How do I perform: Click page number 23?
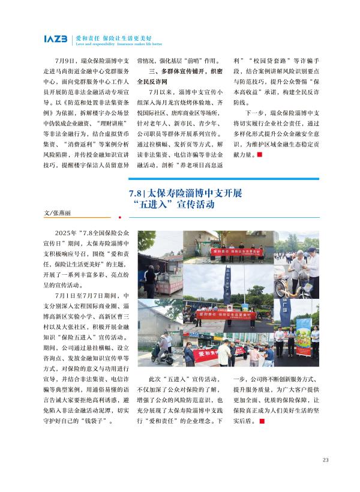pyautogui.click(x=325, y=460)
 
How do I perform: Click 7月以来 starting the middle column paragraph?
pyautogui.click(x=159, y=93)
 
